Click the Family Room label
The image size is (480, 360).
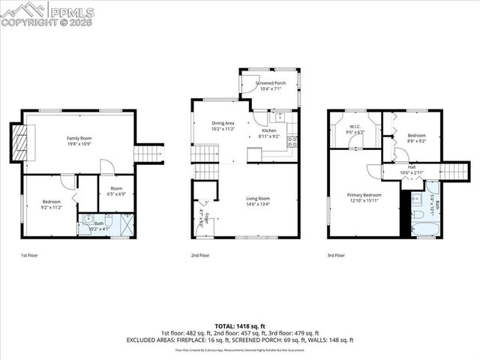coord(80,139)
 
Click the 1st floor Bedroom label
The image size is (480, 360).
coord(52,202)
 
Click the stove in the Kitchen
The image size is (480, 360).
coord(292,140)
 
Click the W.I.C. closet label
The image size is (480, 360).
coord(355,128)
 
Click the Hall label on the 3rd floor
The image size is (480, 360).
coord(406,170)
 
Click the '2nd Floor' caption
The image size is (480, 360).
coord(201,256)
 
